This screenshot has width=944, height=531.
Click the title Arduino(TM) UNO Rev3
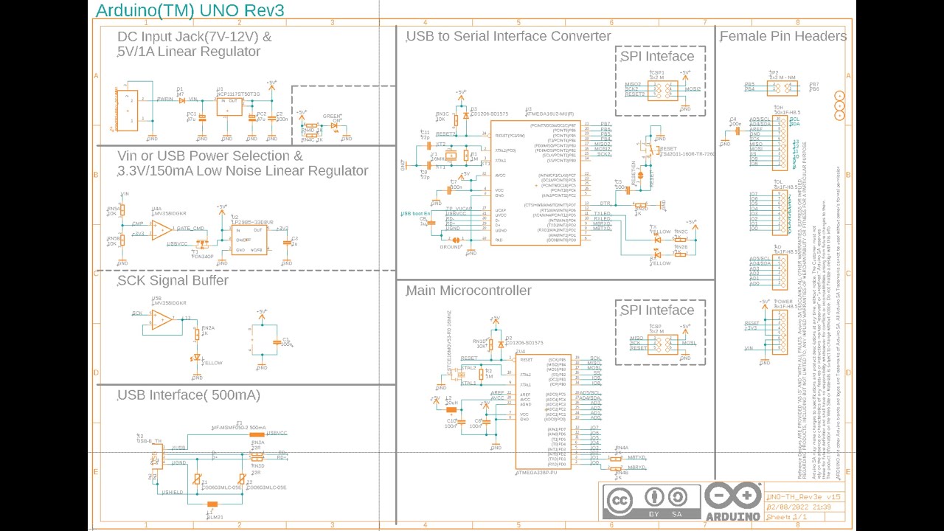(x=190, y=10)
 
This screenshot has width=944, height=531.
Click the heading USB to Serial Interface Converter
(x=508, y=36)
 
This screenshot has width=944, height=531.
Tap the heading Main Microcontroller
(x=468, y=291)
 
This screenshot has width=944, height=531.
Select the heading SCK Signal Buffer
(x=173, y=280)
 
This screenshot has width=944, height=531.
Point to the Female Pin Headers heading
(x=782, y=36)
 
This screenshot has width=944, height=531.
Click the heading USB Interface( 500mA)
(x=189, y=395)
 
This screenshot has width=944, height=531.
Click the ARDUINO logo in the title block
(x=732, y=502)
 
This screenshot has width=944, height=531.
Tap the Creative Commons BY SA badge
(x=652, y=502)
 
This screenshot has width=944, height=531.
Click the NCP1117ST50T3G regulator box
(x=229, y=105)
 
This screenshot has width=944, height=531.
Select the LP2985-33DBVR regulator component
(x=249, y=240)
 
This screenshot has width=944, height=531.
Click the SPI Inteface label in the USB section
(x=657, y=57)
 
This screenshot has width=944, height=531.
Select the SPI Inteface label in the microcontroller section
(x=657, y=310)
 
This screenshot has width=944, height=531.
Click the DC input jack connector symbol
(x=127, y=109)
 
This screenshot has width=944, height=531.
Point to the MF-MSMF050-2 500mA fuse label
(x=238, y=428)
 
